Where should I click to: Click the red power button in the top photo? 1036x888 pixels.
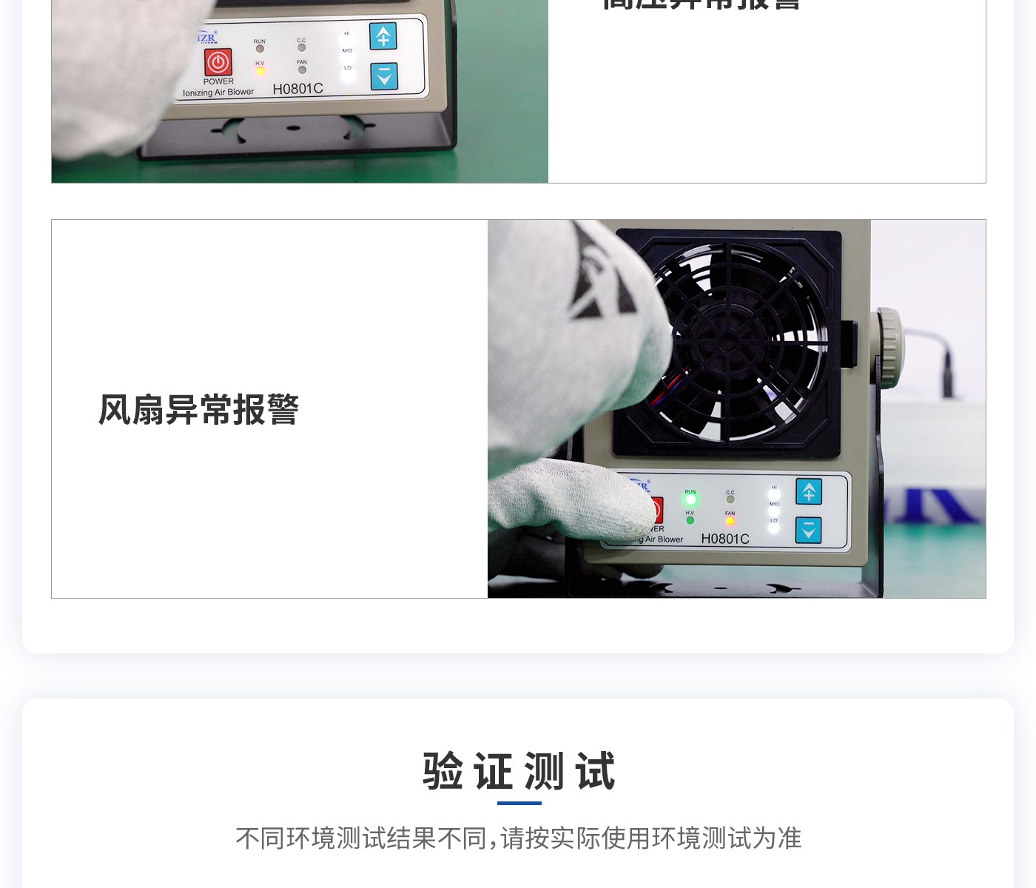pos(218,62)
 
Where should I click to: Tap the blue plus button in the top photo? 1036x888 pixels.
pos(383,36)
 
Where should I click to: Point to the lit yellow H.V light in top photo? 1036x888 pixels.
pos(260,71)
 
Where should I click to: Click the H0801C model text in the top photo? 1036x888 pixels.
pos(297,89)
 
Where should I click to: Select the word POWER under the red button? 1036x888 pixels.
pos(218,81)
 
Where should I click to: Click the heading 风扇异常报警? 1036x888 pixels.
pos(198,409)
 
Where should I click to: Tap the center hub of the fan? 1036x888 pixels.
pos(728,342)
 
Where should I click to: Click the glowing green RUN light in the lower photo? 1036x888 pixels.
pos(690,500)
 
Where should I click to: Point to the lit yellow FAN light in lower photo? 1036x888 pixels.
pos(730,521)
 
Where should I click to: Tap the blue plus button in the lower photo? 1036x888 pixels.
pos(809,491)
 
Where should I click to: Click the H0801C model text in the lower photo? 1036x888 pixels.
pos(725,539)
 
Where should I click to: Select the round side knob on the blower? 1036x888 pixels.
pos(889,346)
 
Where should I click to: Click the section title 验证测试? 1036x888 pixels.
pos(518,771)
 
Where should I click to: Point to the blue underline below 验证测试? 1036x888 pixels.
pos(519,803)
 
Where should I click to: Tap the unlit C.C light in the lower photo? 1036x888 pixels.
pos(730,499)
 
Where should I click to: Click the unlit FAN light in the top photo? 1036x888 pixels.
pos(302,70)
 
